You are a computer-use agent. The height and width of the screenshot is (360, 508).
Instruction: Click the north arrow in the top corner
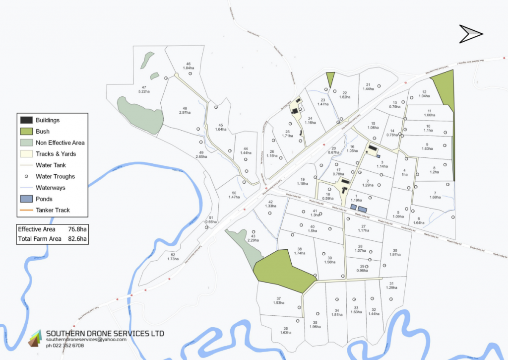[471, 34]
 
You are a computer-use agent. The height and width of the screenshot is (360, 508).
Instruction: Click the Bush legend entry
[42, 132]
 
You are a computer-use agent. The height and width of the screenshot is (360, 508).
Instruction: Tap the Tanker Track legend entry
[53, 210]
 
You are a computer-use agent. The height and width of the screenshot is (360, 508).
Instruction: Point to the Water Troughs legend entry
[55, 176]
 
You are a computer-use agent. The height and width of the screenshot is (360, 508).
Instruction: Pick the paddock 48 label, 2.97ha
[185, 110]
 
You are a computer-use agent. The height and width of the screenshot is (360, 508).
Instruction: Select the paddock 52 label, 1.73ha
[173, 257]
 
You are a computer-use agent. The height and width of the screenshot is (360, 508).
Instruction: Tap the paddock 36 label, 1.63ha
[286, 330]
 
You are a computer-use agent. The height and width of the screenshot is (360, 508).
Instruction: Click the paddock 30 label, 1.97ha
[395, 252]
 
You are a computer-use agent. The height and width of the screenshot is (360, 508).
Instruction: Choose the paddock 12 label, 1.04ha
[424, 94]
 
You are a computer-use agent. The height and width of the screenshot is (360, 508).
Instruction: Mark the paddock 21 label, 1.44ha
[368, 86]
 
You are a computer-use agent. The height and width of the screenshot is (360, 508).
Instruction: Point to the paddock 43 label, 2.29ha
[254, 238]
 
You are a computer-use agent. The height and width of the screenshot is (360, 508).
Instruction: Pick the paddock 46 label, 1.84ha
[189, 66]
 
